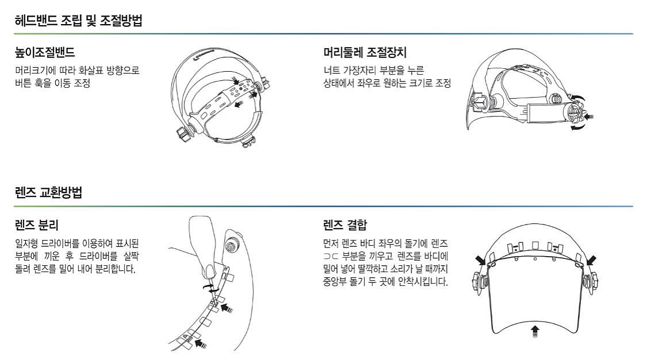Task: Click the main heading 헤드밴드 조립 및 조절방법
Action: pos(79,21)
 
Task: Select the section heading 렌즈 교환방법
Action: pos(48,193)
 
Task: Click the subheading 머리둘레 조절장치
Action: pos(365,53)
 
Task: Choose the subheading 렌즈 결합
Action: pos(345,223)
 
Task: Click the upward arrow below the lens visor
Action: pos(536,331)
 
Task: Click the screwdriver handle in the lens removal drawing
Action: pos(202,235)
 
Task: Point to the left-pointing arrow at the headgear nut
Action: pos(588,117)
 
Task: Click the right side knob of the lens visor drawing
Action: pos(594,282)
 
